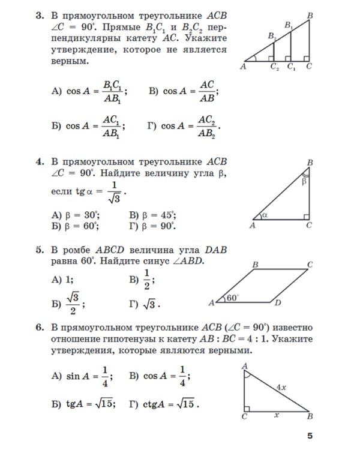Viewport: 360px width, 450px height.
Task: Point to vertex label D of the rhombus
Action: point(277,304)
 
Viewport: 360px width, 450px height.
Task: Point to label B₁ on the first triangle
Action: point(289,26)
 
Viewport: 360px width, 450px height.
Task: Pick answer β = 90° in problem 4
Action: point(152,226)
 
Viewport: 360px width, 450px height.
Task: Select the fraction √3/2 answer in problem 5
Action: point(72,302)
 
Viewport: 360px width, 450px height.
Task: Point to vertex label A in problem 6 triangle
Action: point(244,365)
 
